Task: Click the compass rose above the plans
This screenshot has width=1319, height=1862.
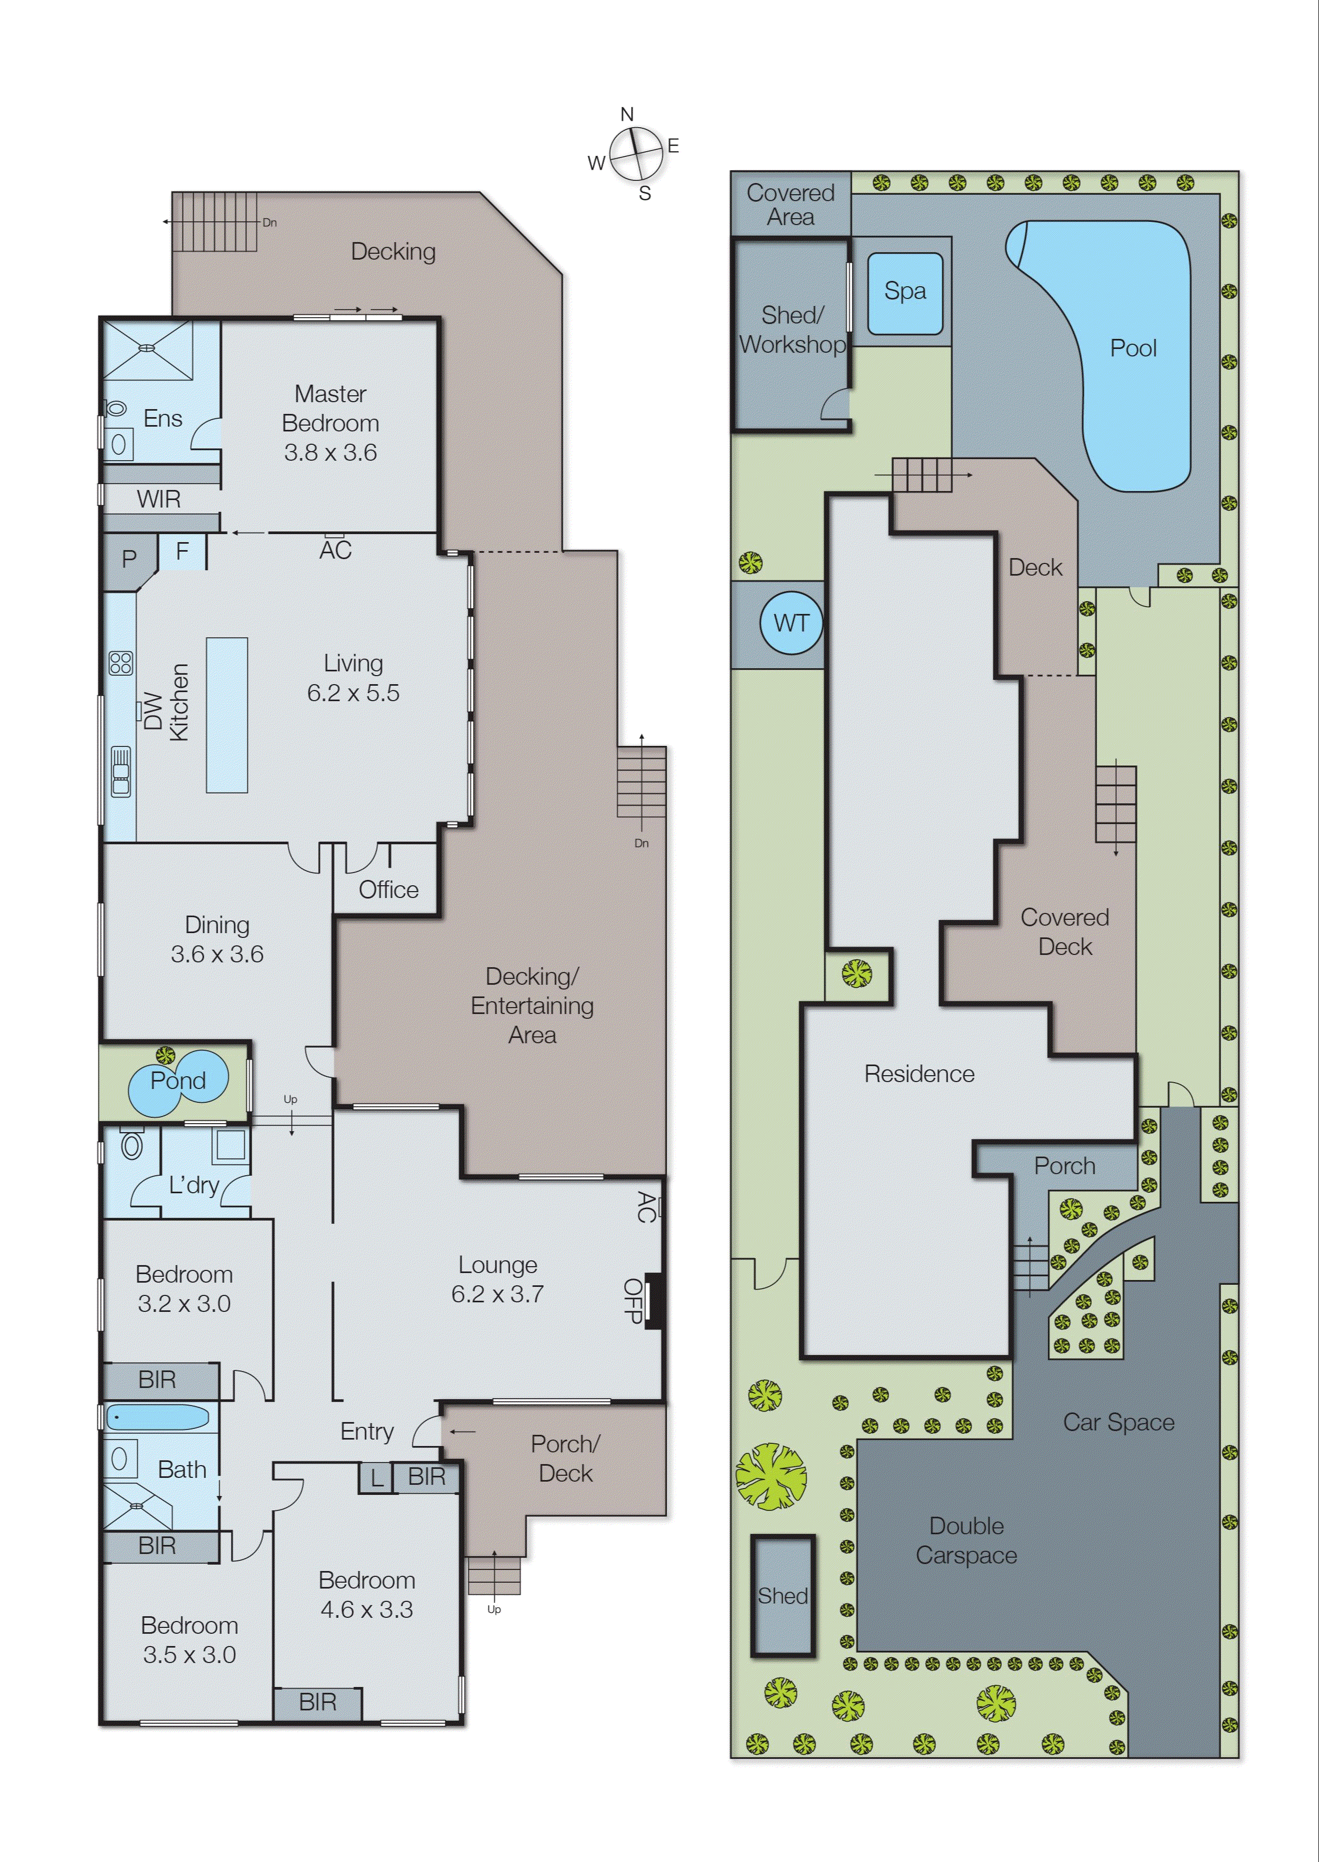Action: [x=636, y=153]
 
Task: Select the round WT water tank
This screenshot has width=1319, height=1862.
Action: [x=791, y=623]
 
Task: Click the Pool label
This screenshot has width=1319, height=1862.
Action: [x=1132, y=348]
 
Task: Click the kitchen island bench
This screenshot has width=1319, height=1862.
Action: [x=227, y=714]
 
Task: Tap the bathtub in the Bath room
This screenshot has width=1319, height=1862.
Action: [x=157, y=1417]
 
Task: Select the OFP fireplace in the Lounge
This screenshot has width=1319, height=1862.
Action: [x=653, y=1300]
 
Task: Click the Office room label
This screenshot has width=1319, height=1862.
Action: [x=388, y=890]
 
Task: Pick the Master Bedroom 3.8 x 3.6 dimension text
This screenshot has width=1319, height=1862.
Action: [x=330, y=452]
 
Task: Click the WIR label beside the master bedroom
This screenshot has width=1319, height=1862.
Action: [x=159, y=498]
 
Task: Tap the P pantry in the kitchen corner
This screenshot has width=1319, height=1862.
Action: [x=128, y=559]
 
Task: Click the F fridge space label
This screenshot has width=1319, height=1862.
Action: [x=182, y=551]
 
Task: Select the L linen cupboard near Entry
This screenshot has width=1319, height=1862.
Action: [x=376, y=1477]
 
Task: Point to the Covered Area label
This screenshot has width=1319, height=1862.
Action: [x=790, y=205]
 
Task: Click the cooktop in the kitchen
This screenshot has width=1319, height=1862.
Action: [x=121, y=663]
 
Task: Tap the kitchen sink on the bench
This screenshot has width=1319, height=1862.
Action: [x=121, y=771]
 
